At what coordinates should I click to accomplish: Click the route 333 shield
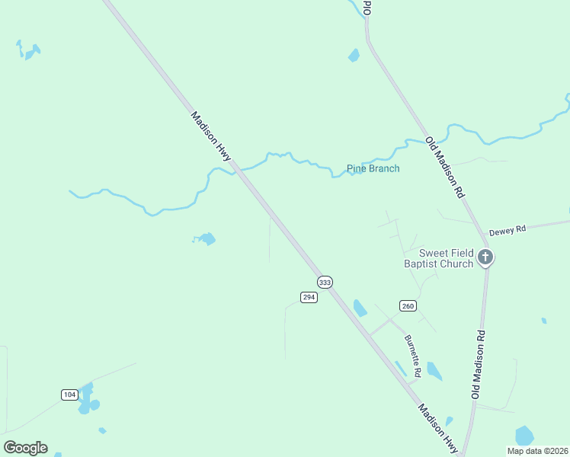[325, 283]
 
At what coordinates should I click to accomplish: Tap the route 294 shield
[309, 297]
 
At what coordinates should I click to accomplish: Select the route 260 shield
[408, 306]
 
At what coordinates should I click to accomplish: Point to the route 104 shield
[69, 394]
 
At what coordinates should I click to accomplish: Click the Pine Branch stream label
[373, 168]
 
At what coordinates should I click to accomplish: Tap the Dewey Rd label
[508, 229]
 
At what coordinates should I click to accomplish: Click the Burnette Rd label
[413, 357]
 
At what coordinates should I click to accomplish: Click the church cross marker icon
[485, 258]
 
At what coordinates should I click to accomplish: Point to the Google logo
[25, 448]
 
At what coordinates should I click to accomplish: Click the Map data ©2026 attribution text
[537, 451]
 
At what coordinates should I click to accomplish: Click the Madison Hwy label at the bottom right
[437, 429]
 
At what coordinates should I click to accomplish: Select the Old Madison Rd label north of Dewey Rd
[445, 168]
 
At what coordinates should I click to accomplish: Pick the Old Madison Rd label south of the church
[478, 364]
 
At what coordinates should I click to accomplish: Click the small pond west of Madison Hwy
[206, 239]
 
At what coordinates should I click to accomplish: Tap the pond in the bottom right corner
[524, 436]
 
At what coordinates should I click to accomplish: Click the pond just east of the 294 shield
[360, 308]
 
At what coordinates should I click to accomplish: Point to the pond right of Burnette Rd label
[434, 371]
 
